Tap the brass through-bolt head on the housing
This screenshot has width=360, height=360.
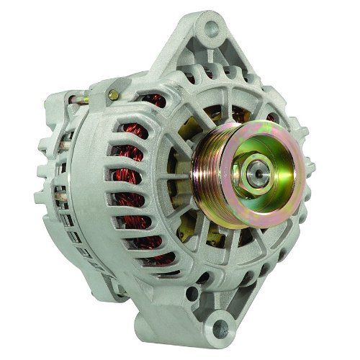click(113, 94)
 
